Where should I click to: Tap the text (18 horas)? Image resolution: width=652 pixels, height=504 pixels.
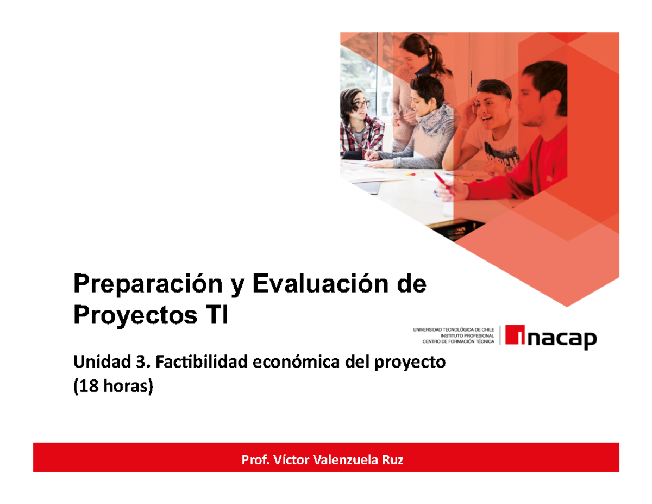(114, 387)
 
